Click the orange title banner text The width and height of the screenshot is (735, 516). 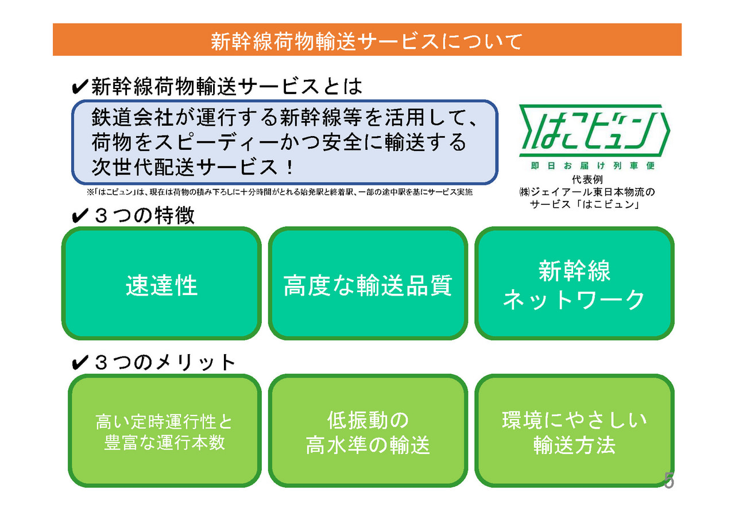pos(366,42)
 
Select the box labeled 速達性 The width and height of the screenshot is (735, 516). pos(161,283)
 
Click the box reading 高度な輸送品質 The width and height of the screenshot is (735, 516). pos(368,283)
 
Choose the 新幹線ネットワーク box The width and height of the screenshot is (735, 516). pos(574,283)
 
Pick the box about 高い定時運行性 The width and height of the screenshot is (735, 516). pos(164,430)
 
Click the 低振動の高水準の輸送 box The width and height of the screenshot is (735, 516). pos(368,430)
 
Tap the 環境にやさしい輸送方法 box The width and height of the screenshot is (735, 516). pos(574,430)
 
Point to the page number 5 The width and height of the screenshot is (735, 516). pos(669,481)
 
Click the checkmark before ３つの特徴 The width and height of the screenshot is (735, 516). pos(80,216)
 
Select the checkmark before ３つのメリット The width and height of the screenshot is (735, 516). pos(80,363)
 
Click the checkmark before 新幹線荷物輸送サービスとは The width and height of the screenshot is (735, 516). pos(80,87)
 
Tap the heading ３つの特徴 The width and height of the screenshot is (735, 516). pos(144,215)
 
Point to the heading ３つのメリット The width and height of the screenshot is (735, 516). pos(165,363)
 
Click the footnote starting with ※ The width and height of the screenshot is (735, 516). pos(279,192)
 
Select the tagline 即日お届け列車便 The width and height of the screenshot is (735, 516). pos(593,166)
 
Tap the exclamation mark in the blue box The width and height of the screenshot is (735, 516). pos(289,167)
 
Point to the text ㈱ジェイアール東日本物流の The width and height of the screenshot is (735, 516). pos(587,192)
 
